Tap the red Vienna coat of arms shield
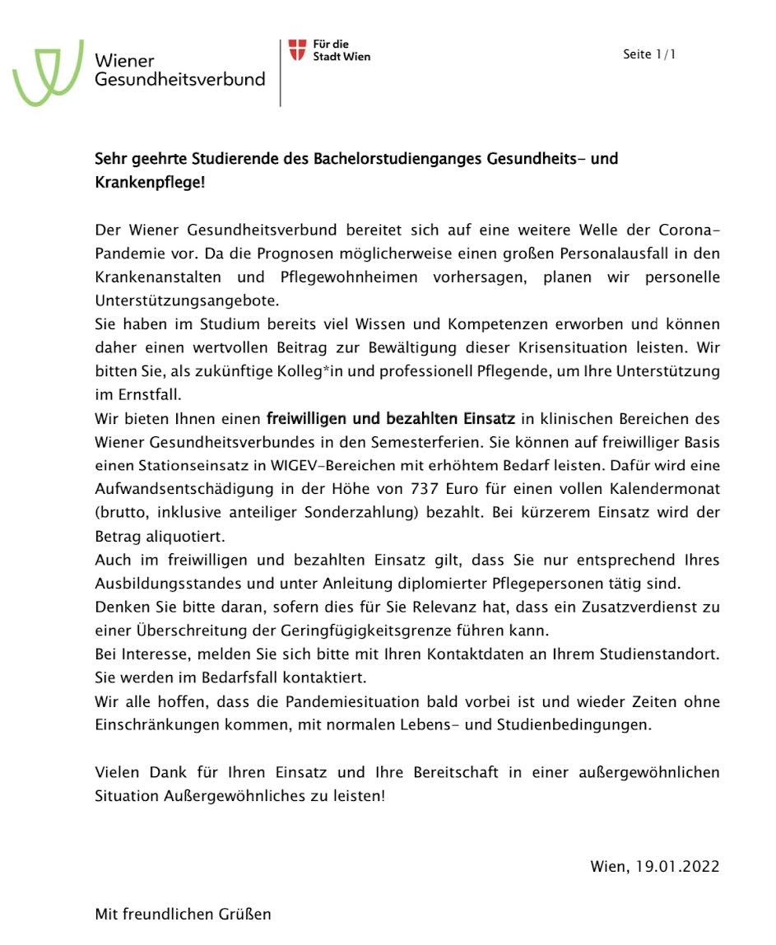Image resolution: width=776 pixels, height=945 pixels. click(297, 49)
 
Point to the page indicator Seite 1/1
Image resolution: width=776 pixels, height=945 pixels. click(649, 55)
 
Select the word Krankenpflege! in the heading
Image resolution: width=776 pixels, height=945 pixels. click(150, 182)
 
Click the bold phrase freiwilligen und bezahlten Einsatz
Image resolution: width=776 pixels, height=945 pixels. click(390, 419)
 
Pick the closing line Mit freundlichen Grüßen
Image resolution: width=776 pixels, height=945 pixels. click(183, 914)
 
